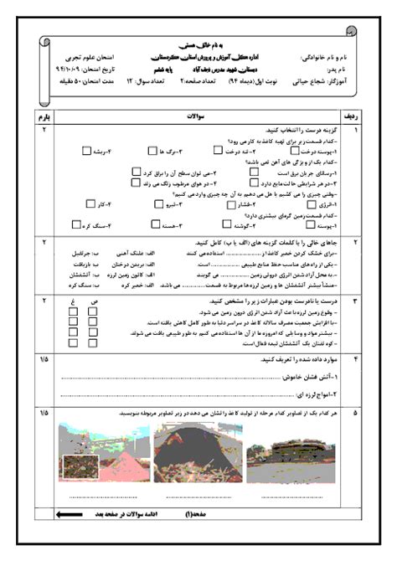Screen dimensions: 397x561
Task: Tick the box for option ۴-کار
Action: [x=87, y=203]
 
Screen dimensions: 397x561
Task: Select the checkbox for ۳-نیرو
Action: [x=159, y=203]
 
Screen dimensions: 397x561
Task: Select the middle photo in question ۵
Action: [x=188, y=453]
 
